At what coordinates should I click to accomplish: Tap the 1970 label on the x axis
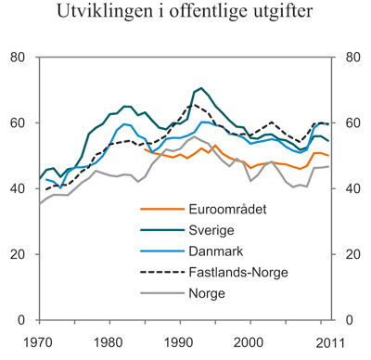coord(40,341)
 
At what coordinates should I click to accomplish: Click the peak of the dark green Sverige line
coord(200,88)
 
